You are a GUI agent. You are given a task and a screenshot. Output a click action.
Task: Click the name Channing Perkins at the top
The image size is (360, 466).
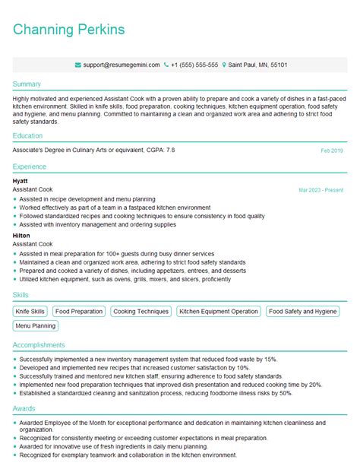[x=69, y=30]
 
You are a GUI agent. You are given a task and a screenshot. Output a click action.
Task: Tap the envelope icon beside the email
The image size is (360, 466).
[x=78, y=65]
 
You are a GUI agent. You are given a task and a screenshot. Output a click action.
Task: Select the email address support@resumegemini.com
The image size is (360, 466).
[x=122, y=65]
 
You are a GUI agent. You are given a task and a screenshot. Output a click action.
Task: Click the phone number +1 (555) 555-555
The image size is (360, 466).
[x=194, y=65]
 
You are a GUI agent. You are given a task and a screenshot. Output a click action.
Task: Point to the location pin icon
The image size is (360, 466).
[x=225, y=65]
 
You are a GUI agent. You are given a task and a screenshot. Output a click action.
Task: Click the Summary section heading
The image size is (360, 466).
[x=27, y=84]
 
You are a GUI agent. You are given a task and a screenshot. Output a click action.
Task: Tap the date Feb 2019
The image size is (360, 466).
[x=332, y=151]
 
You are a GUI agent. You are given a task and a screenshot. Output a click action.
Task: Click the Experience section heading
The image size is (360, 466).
[x=30, y=166]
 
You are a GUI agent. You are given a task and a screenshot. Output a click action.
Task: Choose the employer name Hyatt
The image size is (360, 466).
[x=21, y=181]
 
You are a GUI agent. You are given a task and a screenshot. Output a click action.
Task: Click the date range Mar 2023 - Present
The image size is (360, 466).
[x=321, y=189]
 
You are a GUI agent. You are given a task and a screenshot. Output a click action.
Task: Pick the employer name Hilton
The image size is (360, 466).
[x=21, y=236]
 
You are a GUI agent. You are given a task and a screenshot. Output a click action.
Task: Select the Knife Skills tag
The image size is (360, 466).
[x=30, y=312]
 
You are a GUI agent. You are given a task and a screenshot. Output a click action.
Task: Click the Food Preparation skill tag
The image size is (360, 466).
[x=79, y=312]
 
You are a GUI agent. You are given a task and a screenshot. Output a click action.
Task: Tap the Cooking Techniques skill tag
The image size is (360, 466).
[x=141, y=312]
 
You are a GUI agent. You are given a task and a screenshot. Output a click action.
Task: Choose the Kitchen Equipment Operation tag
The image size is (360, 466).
[x=218, y=312]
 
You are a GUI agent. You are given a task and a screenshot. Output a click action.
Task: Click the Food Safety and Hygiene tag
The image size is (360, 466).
[x=302, y=312]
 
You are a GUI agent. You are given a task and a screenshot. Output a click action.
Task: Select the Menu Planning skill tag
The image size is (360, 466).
[x=35, y=326]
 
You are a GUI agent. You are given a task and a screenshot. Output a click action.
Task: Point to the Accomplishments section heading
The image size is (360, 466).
[x=39, y=344]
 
